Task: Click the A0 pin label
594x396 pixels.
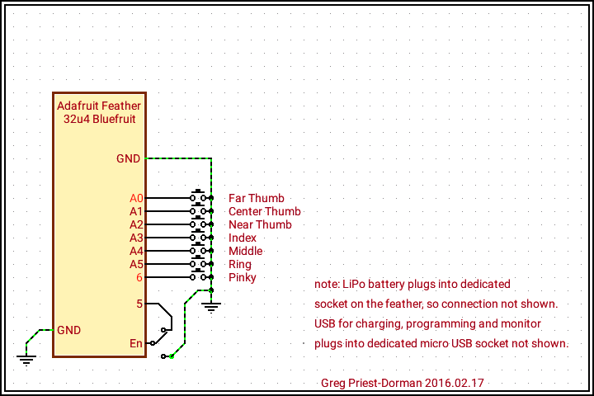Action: point(136,198)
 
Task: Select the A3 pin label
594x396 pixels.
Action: point(136,238)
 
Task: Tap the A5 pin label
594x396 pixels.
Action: point(136,264)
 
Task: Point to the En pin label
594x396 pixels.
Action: point(136,343)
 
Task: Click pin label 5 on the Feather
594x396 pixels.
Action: point(139,304)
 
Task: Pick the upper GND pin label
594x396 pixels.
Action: point(128,158)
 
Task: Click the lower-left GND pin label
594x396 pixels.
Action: point(68,330)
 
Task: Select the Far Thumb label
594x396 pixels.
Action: point(256,198)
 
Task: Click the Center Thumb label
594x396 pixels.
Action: point(264,211)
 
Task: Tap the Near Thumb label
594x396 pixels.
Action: point(260,224)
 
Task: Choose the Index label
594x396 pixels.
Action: point(243,238)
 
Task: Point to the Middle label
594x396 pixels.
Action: point(245,251)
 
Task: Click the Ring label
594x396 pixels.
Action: point(240,264)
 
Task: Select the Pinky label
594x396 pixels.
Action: point(243,277)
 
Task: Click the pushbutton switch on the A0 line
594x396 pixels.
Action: point(198,196)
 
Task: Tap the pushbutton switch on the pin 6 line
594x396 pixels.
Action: point(198,276)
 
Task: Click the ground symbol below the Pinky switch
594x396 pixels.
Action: point(212,307)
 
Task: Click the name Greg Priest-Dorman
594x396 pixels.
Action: point(372,383)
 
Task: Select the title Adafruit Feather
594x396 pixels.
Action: point(99,106)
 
